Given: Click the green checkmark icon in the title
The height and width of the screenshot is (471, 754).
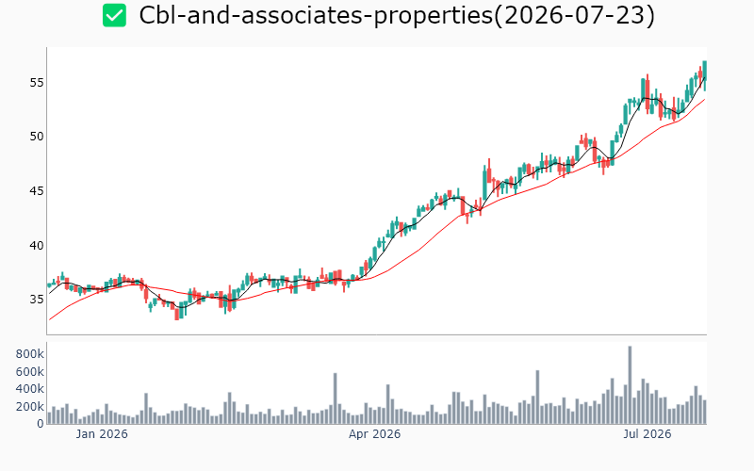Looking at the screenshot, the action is point(114,15).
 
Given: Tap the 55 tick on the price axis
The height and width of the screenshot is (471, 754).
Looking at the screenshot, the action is point(37,83).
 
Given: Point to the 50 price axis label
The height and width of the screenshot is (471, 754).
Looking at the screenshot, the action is point(37,137).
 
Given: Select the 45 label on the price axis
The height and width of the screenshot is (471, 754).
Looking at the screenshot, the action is point(37,191).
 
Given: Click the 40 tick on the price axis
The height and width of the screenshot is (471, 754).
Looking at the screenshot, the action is point(37,246).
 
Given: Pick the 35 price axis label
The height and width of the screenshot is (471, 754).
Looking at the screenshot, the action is point(37,300).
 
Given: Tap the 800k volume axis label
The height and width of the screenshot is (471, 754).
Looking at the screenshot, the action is point(30,354).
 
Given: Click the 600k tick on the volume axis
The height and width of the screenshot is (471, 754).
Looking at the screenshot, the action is point(30,371).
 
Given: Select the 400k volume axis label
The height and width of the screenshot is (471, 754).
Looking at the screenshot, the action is point(30,389).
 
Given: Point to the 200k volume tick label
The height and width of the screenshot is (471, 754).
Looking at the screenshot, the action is point(30,407).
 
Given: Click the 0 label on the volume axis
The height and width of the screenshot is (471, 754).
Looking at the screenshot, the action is point(41,424).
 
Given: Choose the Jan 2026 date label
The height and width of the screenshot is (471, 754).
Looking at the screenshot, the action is point(102,434).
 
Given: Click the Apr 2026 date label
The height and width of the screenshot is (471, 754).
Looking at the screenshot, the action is point(374,434).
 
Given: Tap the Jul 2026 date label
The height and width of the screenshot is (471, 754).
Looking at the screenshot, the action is point(647,434).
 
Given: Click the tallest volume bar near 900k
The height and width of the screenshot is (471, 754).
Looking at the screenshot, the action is point(630,385).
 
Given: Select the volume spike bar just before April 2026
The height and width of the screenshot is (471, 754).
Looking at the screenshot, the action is point(336,398).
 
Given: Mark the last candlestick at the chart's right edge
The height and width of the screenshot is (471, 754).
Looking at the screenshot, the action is point(704,75).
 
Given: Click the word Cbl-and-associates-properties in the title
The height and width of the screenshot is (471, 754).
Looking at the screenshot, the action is point(316,15).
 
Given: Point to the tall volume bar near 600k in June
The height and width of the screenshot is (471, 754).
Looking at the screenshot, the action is point(537,397).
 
